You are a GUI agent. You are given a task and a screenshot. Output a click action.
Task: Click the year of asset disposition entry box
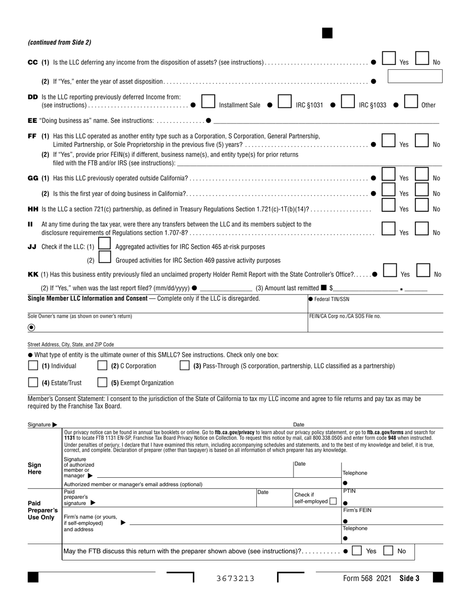coord(414,76)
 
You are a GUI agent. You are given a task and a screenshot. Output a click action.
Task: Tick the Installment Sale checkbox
coord(209,101)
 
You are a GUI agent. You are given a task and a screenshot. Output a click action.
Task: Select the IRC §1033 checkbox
coord(348,101)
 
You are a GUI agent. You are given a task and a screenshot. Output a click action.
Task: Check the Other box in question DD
coord(411,101)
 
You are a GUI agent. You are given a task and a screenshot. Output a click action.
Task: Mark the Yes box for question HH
coord(388,205)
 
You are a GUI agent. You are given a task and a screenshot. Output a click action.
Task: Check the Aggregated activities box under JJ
coord(104,244)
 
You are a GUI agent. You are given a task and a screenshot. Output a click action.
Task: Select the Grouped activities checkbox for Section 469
coord(104,257)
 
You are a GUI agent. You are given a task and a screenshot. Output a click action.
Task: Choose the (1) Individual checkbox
coord(33,366)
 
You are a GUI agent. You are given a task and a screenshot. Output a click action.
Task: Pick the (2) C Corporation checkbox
coord(102,366)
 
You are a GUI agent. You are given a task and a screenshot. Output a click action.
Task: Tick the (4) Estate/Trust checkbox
coord(33,382)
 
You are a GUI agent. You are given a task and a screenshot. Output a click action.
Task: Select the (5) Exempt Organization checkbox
coord(102,382)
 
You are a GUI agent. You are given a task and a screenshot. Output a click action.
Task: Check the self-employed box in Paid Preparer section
coord(333,501)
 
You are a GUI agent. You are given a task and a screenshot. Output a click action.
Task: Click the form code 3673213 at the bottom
coord(235,578)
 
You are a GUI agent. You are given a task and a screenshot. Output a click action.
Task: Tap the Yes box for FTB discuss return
coord(356,551)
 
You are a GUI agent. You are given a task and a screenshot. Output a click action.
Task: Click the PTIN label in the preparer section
coord(350,491)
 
